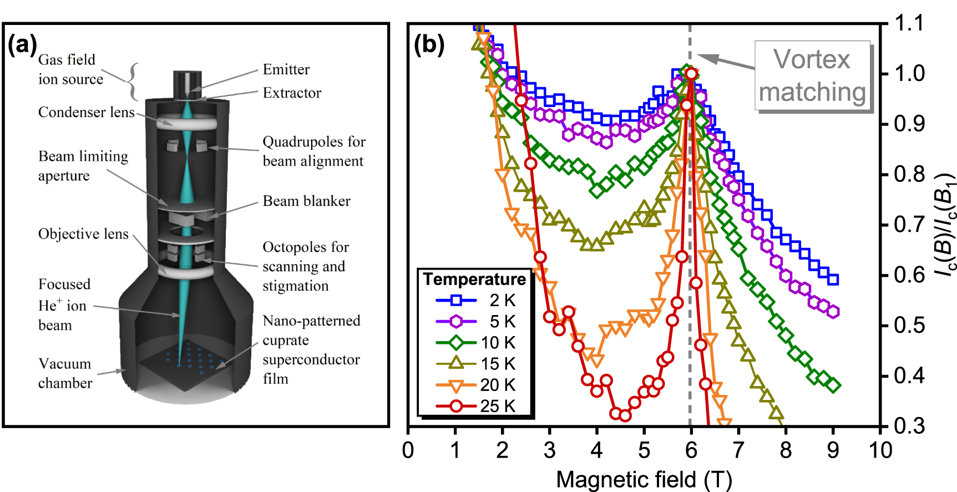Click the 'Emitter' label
(286, 69)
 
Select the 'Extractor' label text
(292, 93)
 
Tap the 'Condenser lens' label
(86, 112)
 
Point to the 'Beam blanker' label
(306, 201)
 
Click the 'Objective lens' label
(83, 234)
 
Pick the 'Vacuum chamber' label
(65, 373)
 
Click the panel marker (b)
(429, 44)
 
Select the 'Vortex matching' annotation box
(812, 76)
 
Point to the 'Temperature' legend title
(474, 279)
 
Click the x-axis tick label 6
(691, 450)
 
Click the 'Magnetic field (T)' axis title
(644, 479)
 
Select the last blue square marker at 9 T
(833, 280)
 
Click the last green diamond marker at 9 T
(833, 385)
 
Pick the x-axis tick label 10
(880, 450)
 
